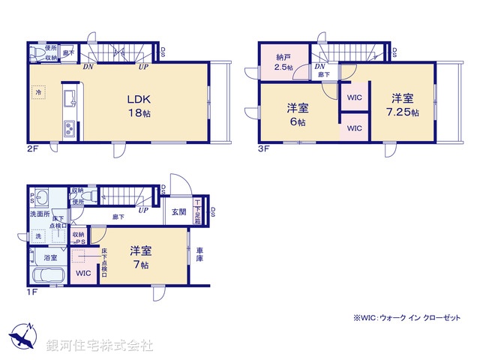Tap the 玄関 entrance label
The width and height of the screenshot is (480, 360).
[178, 212]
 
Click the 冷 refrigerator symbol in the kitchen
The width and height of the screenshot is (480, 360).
[37, 92]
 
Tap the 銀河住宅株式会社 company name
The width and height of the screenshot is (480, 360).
[99, 345]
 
